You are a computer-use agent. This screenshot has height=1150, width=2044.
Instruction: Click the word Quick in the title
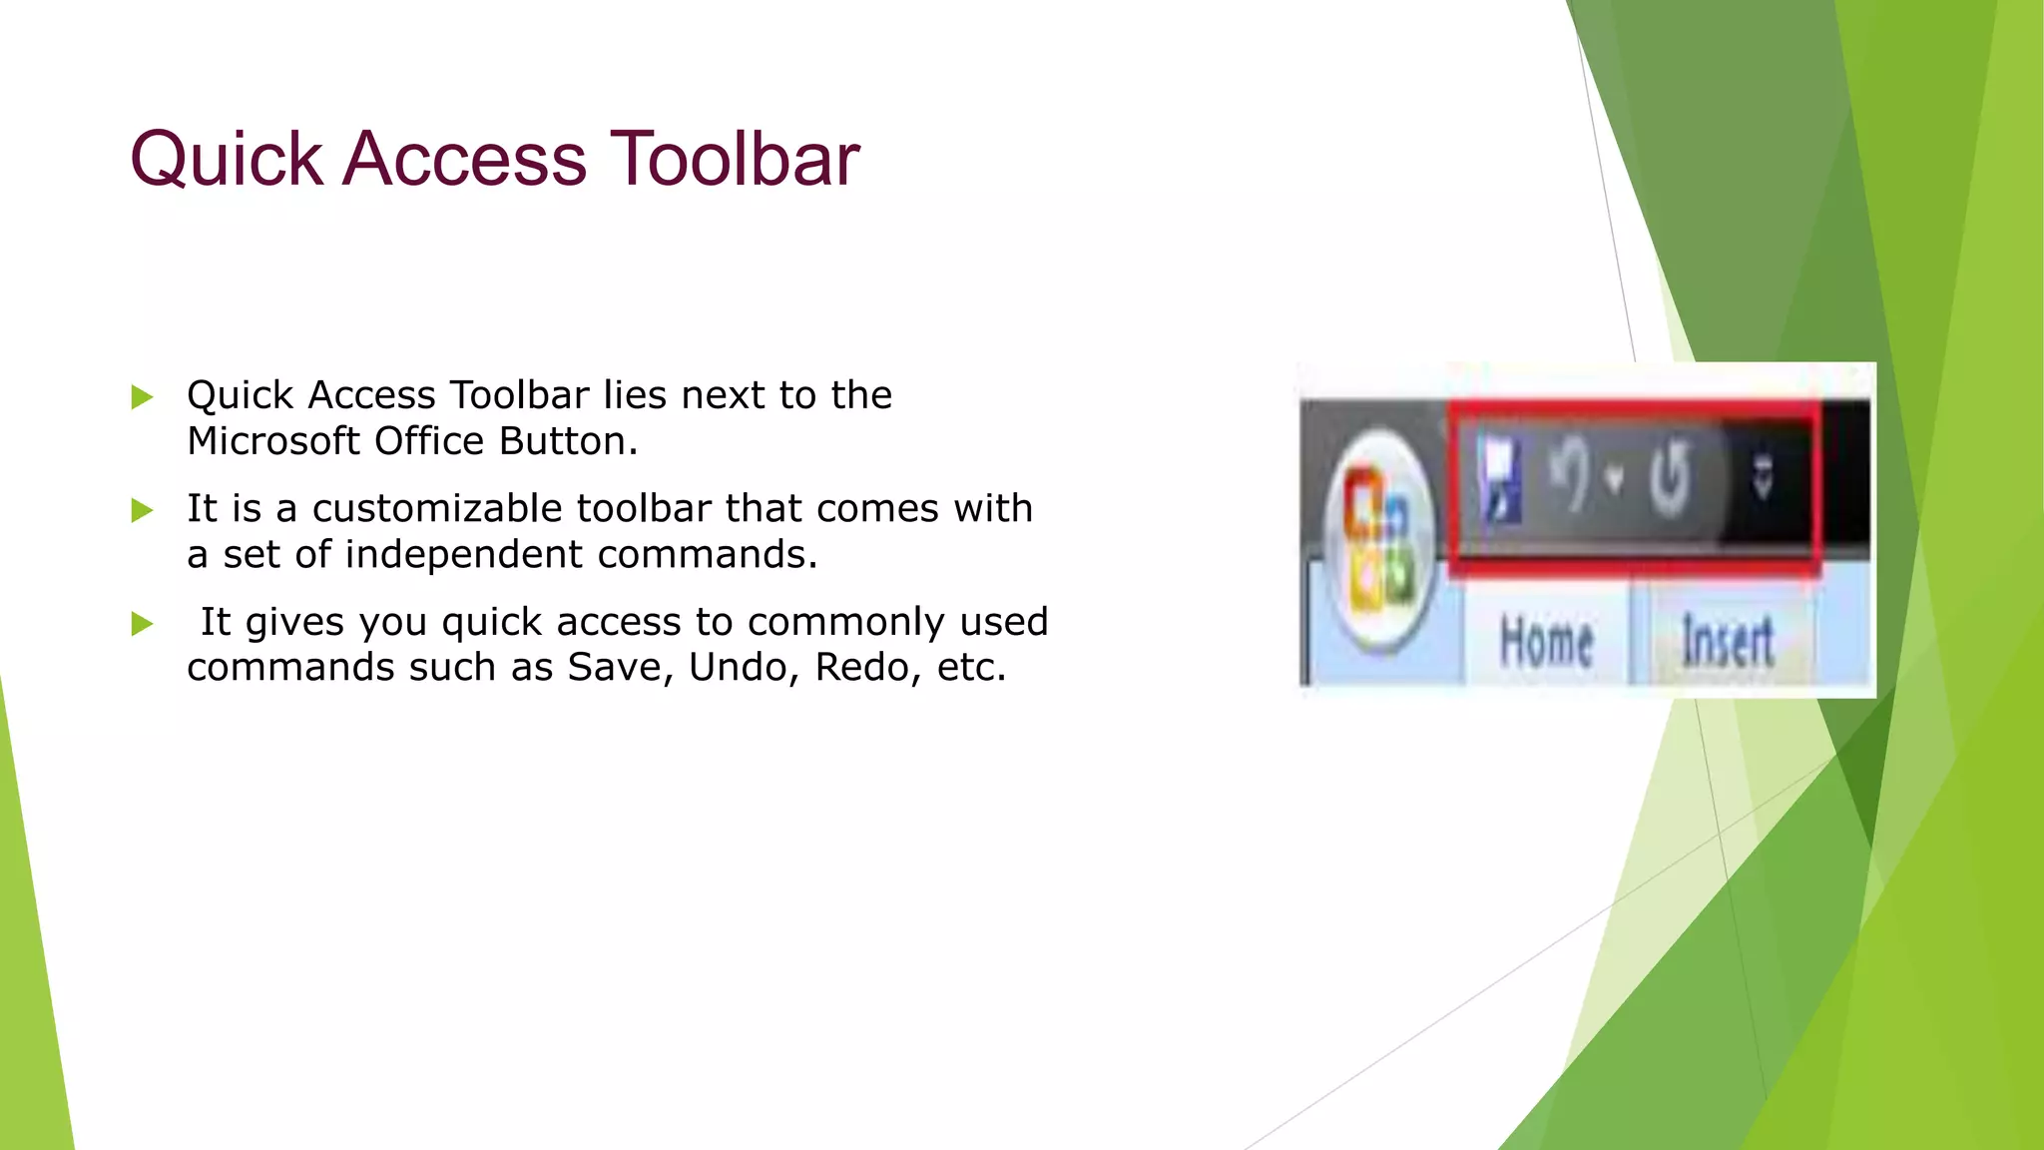[227, 159]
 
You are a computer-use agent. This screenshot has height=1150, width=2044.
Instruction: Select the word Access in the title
[465, 159]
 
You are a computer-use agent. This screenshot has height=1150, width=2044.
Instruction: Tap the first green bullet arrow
[143, 397]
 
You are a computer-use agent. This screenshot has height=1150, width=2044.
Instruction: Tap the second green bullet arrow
[143, 511]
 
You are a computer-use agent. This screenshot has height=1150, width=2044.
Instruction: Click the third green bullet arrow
[143, 625]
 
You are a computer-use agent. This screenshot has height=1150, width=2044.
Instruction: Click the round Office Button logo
[1379, 539]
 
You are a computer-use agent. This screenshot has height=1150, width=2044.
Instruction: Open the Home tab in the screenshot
[1546, 642]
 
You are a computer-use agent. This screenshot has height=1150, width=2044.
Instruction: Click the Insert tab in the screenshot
[1727, 642]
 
